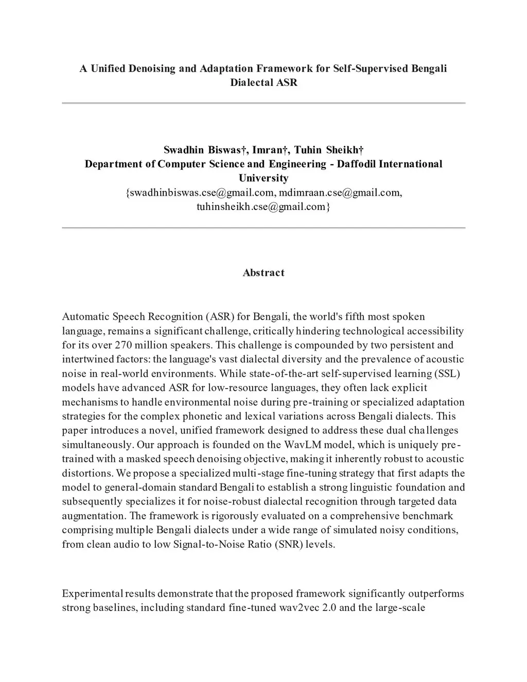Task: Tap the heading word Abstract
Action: click(x=263, y=273)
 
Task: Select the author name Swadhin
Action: click(x=184, y=150)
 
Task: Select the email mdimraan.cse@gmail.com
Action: click(x=340, y=193)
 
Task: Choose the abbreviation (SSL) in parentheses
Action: click(x=447, y=374)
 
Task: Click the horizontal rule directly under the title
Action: click(x=263, y=103)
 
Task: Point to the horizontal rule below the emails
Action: click(x=263, y=228)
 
